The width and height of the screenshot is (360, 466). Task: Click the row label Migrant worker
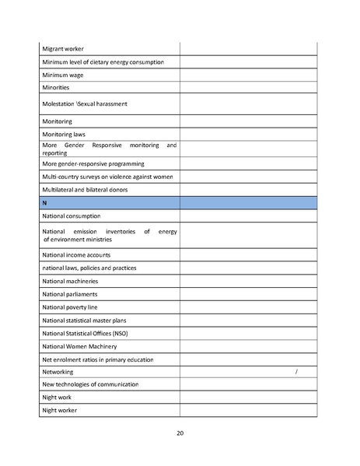[x=63, y=48]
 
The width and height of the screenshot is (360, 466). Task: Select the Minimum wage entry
[x=63, y=75]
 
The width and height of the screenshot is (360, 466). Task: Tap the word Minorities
[x=58, y=88]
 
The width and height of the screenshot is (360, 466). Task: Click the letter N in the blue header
[x=45, y=202]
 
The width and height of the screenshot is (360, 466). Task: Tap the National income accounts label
[x=76, y=254]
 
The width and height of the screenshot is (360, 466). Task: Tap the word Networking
[x=58, y=373]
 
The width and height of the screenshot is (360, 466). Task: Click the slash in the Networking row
[x=297, y=373]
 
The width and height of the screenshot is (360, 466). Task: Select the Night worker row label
[x=60, y=410]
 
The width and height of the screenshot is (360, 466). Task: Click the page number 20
[x=180, y=433]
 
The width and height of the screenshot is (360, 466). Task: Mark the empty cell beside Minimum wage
[x=249, y=75]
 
